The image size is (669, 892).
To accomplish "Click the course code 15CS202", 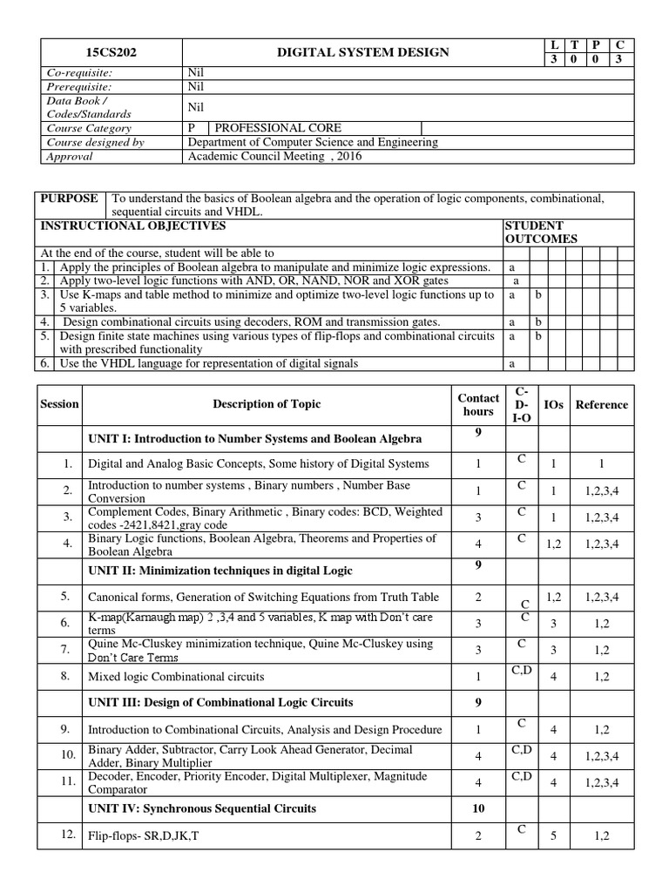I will (x=111, y=52).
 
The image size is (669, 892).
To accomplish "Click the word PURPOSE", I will (x=70, y=199).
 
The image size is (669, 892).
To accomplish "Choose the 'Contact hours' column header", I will (x=478, y=404).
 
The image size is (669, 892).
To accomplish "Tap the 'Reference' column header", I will (x=601, y=404).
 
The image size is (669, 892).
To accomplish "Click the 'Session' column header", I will (x=59, y=404).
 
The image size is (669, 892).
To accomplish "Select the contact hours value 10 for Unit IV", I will (x=478, y=808).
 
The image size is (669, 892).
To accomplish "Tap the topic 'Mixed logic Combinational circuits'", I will (x=175, y=676).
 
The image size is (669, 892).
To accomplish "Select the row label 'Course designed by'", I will (x=96, y=142).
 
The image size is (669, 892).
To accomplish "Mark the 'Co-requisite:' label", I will (x=79, y=74).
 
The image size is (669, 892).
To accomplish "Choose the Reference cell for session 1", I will (x=601, y=464).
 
